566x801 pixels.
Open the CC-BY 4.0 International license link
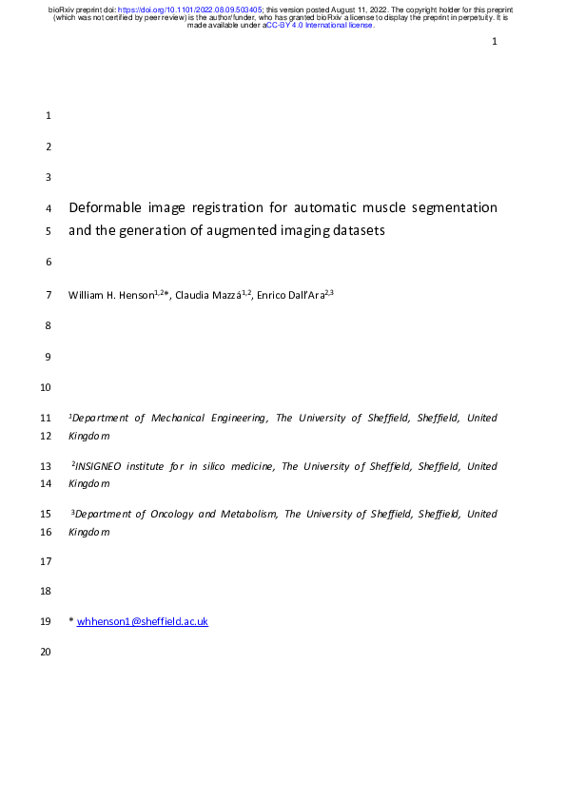[321, 26]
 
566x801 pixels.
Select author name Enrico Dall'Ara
[289, 295]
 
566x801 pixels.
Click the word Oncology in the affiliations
[170, 515]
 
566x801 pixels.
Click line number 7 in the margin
[49, 295]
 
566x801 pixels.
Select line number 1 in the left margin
[49, 116]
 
